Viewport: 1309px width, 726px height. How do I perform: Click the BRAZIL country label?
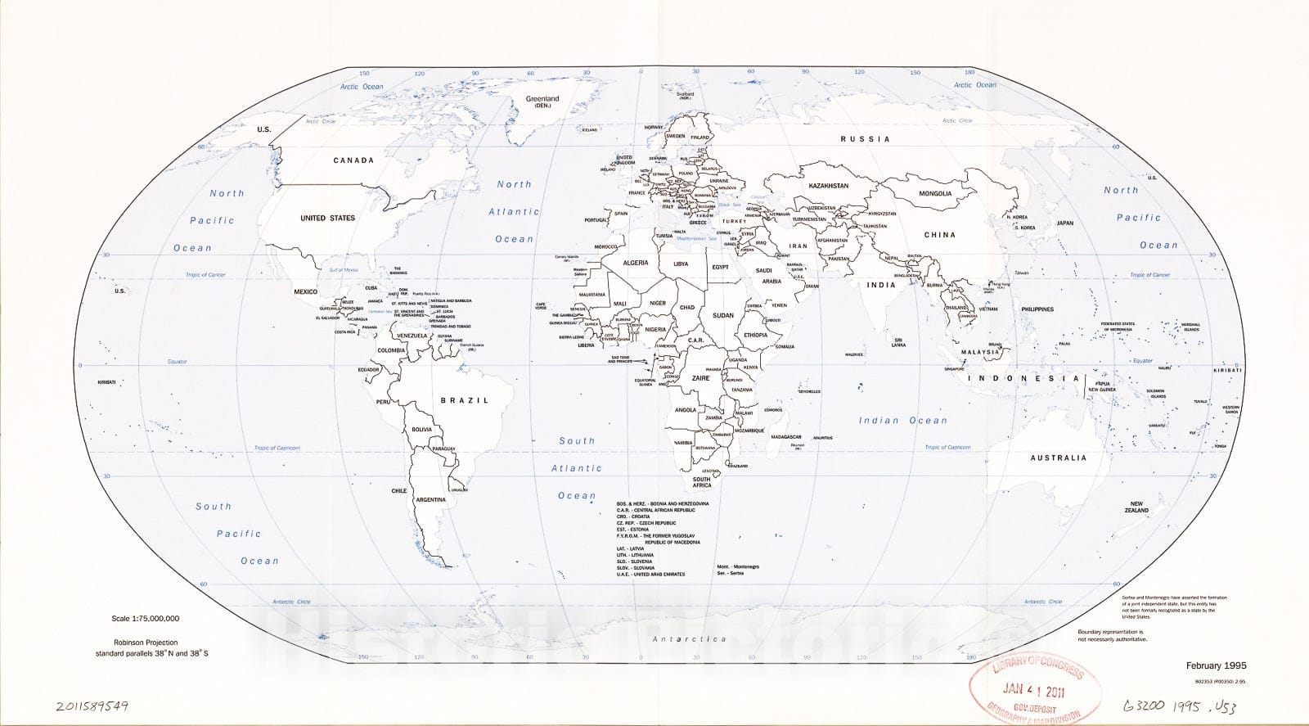(464, 400)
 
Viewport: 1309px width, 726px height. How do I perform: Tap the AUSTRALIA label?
(1058, 458)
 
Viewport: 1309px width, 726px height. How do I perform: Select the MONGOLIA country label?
(935, 194)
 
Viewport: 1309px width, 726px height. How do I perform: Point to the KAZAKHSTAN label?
(829, 186)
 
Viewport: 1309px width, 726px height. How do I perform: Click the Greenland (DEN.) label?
(542, 101)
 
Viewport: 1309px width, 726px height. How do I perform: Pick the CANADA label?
(353, 160)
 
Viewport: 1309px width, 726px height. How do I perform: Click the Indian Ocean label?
(902, 421)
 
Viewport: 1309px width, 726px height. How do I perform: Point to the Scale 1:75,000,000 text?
(146, 619)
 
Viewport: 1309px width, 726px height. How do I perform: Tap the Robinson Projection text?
(146, 643)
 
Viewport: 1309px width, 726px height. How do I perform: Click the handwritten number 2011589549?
(92, 705)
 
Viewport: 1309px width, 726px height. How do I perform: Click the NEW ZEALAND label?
(1136, 507)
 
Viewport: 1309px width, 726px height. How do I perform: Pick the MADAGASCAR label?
(785, 437)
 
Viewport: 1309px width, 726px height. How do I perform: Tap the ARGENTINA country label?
(430, 499)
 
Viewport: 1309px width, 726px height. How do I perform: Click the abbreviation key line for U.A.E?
(651, 574)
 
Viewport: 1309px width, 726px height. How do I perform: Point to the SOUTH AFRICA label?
(702, 482)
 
